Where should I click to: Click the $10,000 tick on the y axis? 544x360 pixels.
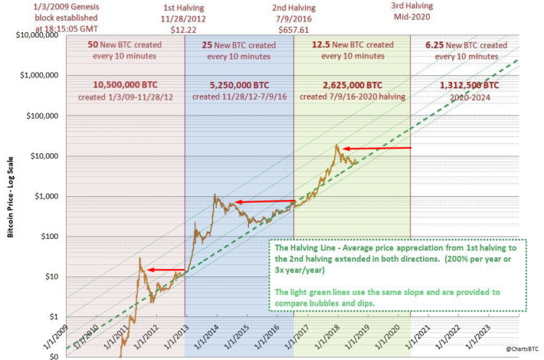tap(44, 156)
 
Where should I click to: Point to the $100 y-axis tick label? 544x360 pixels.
tap(50, 237)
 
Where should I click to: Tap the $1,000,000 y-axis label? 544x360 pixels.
tap(39, 75)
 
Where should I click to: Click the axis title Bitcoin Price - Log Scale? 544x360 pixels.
tap(11, 197)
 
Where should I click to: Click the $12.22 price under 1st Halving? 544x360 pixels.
tap(183, 30)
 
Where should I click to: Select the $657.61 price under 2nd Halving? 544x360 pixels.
tap(293, 30)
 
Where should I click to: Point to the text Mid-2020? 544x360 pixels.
tap(411, 17)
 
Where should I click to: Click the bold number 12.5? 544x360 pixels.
tap(320, 44)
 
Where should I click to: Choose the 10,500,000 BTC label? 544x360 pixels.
tap(125, 85)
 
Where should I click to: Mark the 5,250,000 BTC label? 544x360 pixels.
tap(239, 85)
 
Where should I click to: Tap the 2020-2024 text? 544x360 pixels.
tap(470, 98)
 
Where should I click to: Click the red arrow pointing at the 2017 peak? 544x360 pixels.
tap(377, 149)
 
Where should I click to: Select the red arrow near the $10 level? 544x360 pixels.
tap(165, 270)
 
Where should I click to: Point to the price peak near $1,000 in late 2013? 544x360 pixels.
tap(215, 195)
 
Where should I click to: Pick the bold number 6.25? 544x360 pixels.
tap(434, 45)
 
